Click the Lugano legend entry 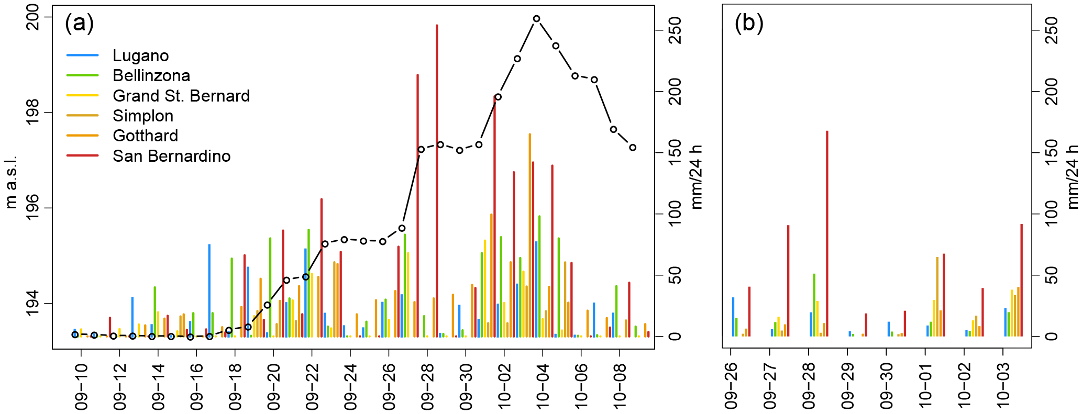140,55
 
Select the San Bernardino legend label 171,156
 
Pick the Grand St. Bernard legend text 181,96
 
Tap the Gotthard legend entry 145,136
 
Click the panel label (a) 79,23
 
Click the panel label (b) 748,23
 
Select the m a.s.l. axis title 12,182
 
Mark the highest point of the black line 536,19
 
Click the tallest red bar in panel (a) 437,181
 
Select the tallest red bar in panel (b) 827,233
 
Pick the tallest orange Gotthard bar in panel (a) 529,235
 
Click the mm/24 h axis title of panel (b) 1073,177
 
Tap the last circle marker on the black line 633,148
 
